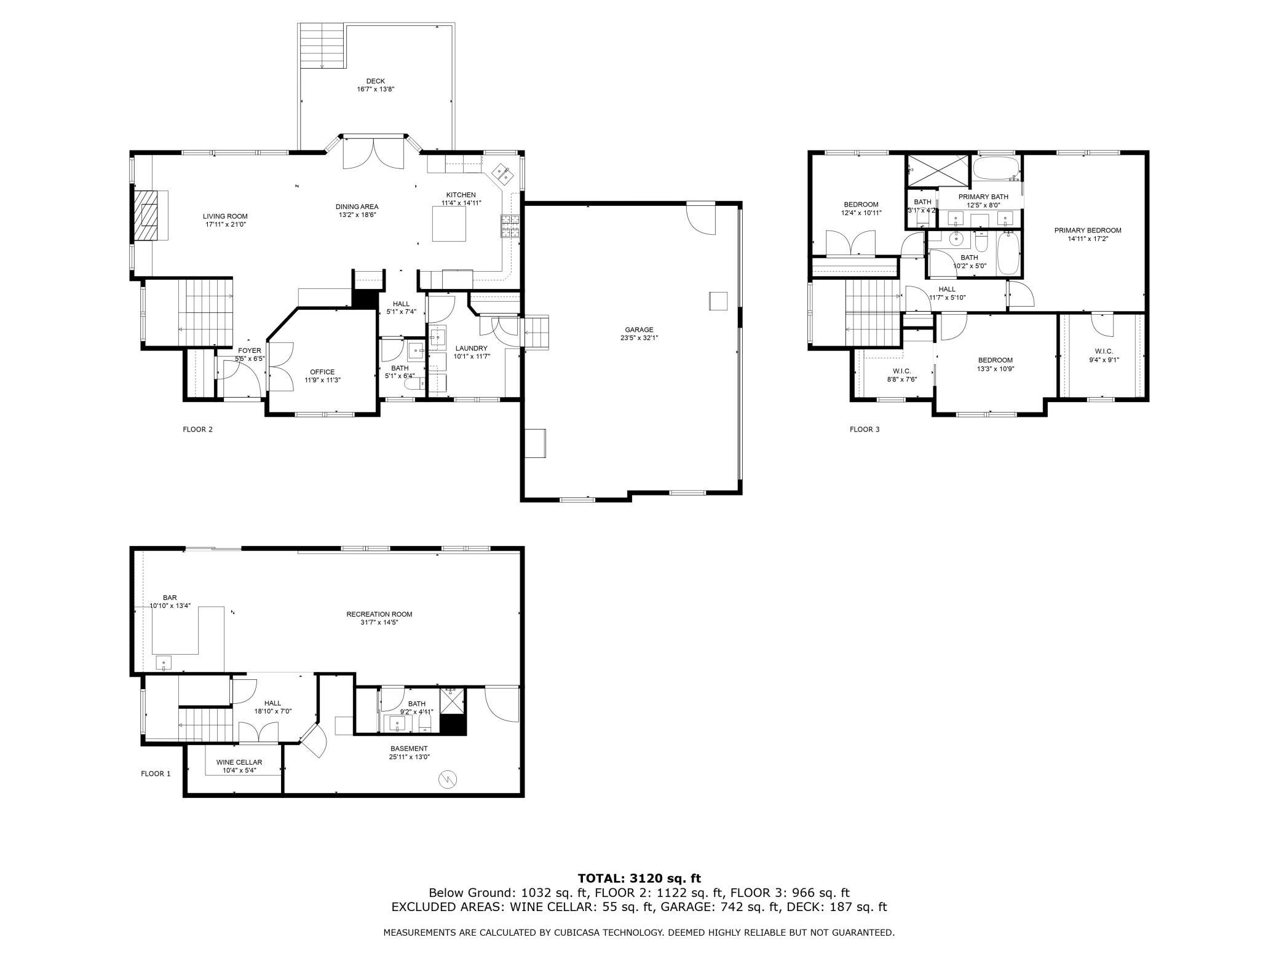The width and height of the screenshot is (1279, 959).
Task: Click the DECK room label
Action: (x=375, y=81)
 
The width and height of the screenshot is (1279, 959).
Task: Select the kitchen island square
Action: (x=449, y=224)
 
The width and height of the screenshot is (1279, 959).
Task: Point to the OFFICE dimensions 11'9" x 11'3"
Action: (x=322, y=380)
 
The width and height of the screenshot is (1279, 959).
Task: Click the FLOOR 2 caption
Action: (x=197, y=429)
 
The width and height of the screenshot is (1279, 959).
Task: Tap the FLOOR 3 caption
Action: (x=864, y=429)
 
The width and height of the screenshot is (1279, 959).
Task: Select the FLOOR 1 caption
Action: (x=156, y=773)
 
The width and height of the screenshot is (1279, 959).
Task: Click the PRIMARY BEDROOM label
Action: (x=1087, y=231)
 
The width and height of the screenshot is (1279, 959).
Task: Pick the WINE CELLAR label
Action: (x=239, y=762)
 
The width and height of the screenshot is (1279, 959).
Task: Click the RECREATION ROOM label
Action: (x=379, y=614)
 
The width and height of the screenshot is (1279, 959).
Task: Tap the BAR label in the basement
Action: (x=170, y=598)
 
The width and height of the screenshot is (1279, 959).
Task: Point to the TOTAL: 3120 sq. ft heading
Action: (x=639, y=878)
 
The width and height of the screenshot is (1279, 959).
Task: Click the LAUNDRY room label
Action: (x=471, y=348)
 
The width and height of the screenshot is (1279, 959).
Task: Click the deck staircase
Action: (x=321, y=46)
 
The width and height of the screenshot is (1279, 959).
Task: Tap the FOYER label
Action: (x=250, y=350)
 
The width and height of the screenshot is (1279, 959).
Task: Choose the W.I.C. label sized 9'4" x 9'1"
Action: (x=1100, y=352)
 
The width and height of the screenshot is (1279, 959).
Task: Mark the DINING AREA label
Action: (x=357, y=207)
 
